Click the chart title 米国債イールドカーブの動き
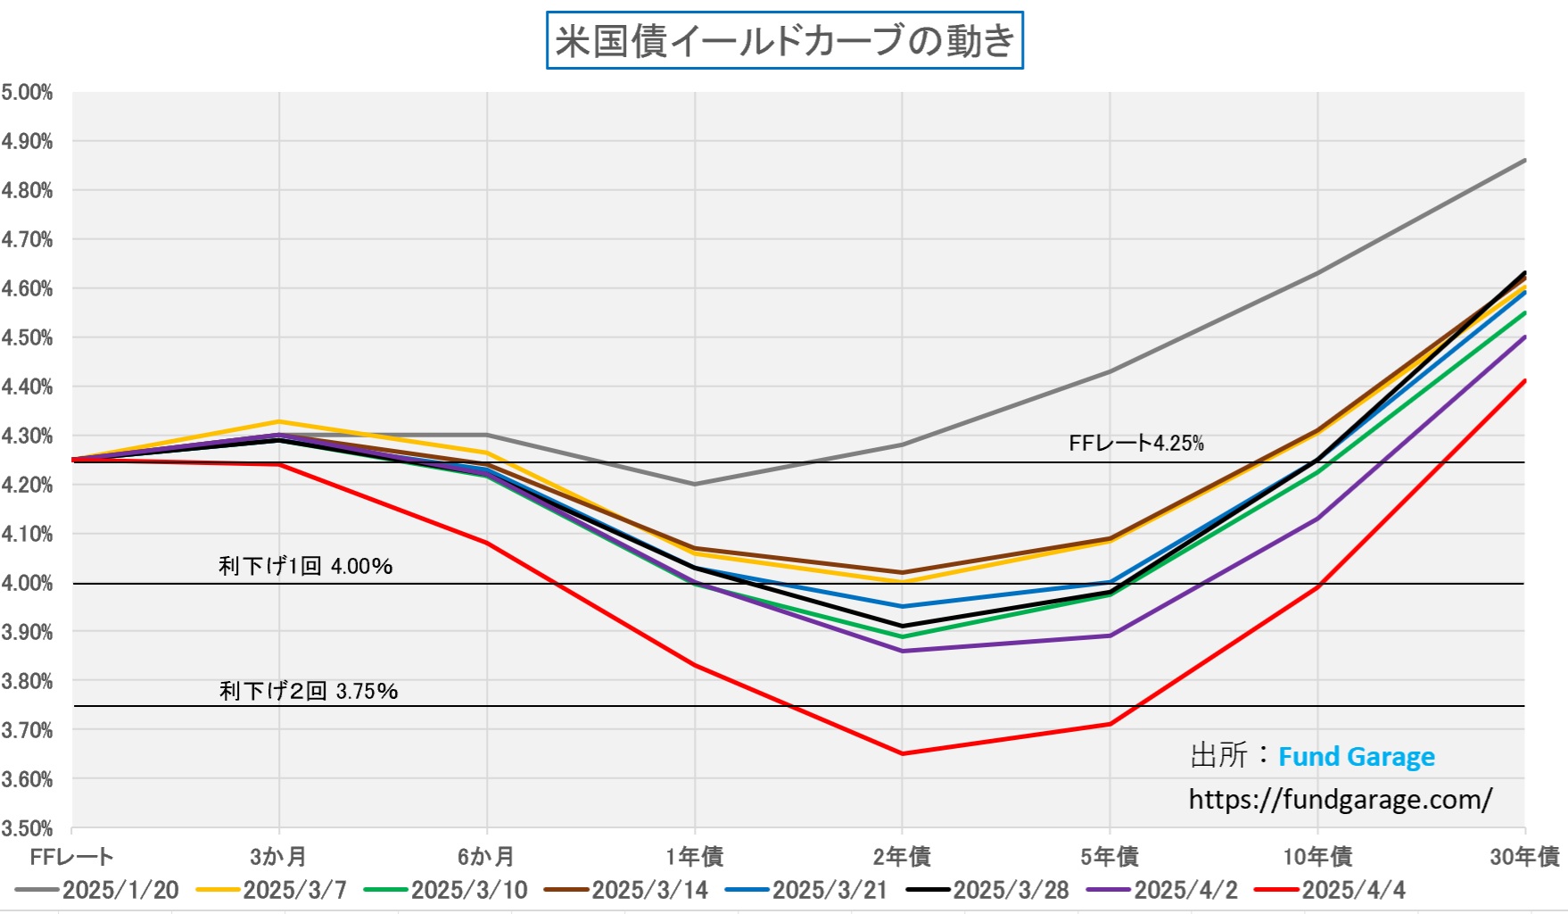784,41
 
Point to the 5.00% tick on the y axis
27,93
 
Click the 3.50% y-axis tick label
27,828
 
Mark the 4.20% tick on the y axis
27,485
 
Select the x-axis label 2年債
902,857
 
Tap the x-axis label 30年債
1524,857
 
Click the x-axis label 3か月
279,857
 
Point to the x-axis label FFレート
71,857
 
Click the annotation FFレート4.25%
1135,443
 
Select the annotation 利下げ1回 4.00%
305,566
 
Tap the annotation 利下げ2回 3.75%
309,691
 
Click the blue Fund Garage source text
1356,757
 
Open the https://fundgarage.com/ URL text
1340,799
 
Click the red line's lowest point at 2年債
902,753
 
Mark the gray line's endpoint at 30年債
1524,161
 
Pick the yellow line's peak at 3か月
279,421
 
